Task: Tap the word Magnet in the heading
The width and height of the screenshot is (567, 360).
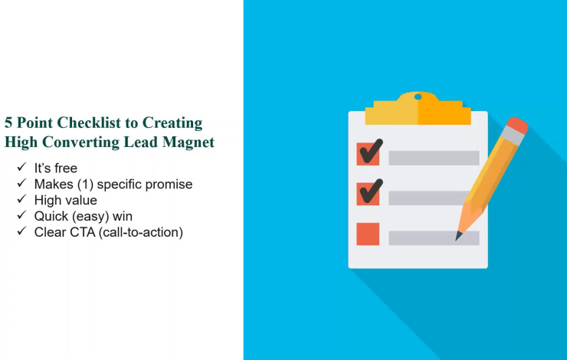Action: pyautogui.click(x=188, y=142)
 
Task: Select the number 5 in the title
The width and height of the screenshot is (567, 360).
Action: pyautogui.click(x=8, y=123)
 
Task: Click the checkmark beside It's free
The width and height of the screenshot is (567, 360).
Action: pyautogui.click(x=21, y=167)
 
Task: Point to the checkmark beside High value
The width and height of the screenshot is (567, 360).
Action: pyautogui.click(x=21, y=199)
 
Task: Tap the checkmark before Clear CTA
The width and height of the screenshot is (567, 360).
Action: pyautogui.click(x=21, y=231)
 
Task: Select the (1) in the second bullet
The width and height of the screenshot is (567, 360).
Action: pyautogui.click(x=85, y=185)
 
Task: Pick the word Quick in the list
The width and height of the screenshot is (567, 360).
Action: pyautogui.click(x=51, y=216)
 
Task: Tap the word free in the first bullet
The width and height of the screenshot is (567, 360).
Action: pyautogui.click(x=66, y=168)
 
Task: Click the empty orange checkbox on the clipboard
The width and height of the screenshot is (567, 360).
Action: pyautogui.click(x=368, y=234)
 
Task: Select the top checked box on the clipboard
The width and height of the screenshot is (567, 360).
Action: pyautogui.click(x=368, y=154)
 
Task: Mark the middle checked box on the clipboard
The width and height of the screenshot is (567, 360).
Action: pyautogui.click(x=368, y=194)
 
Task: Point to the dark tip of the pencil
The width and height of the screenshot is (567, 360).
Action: pyautogui.click(x=458, y=237)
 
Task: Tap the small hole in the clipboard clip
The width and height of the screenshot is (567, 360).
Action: pyautogui.click(x=418, y=97)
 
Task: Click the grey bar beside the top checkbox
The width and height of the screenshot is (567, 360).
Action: pyautogui.click(x=434, y=158)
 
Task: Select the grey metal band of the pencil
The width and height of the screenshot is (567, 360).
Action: pyautogui.click(x=512, y=136)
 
